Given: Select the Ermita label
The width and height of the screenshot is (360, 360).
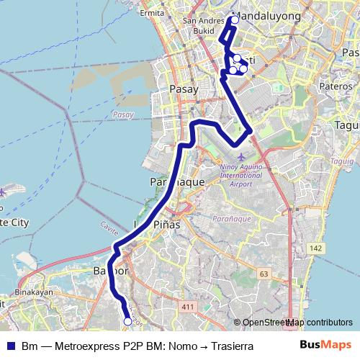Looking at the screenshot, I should click(x=152, y=13).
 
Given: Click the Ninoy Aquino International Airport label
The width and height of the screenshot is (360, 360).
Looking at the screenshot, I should click(x=241, y=174).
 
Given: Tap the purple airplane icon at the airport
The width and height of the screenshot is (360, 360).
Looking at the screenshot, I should click(x=240, y=156).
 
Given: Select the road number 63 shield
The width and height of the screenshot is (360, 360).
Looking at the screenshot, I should click(x=264, y=274).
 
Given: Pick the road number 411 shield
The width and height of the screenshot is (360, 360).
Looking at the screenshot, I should click(x=189, y=307).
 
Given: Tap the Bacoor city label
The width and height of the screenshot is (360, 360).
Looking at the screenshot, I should click(x=111, y=272).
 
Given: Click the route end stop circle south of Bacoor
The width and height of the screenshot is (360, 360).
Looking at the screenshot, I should click(x=128, y=322).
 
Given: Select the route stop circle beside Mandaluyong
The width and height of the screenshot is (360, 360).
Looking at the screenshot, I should click(x=234, y=19).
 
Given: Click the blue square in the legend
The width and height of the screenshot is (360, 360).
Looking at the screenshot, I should click(x=10, y=346).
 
